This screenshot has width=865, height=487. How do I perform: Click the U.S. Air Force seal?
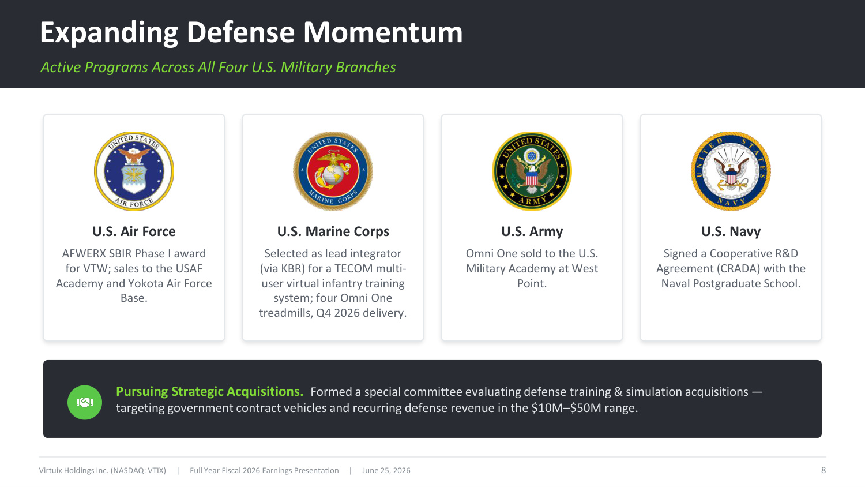tap(134, 171)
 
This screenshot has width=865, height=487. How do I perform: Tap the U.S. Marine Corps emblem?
tap(333, 171)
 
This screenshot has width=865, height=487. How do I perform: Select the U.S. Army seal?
tap(532, 171)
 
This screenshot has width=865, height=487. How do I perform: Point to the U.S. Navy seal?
tap(731, 171)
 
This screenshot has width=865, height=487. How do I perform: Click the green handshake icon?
tap(85, 402)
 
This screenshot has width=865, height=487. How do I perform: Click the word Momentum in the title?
tap(383, 32)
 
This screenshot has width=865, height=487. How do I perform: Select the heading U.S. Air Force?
tap(134, 231)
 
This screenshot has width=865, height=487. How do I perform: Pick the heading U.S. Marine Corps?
tap(333, 231)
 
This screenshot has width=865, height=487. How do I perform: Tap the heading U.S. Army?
tap(532, 231)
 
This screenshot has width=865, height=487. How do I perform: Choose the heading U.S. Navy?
tap(731, 231)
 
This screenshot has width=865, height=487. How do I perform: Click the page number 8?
tap(823, 470)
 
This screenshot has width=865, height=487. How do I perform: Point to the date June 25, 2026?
tap(386, 470)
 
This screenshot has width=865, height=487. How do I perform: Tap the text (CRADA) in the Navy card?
tap(738, 269)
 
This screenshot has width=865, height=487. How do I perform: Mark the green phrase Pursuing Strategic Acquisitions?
tap(210, 392)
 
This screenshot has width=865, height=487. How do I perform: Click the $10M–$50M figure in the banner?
tap(566, 408)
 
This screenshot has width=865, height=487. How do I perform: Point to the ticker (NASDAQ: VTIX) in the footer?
tap(138, 470)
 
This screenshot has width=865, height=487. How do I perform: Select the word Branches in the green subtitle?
tap(366, 68)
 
